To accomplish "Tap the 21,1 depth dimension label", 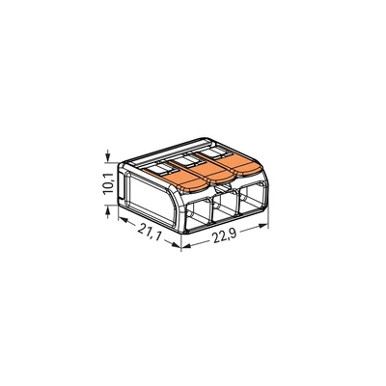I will point(148,233).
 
